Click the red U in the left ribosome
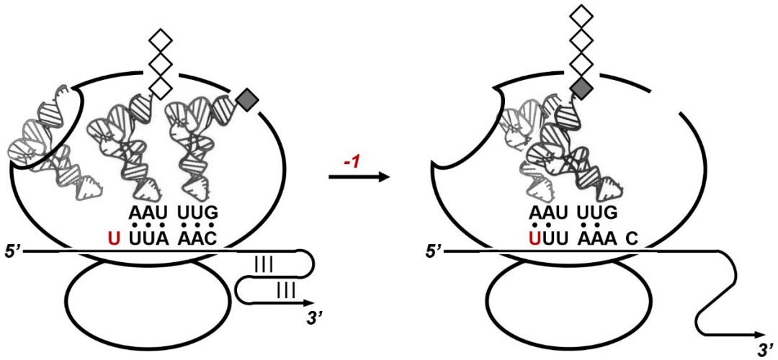(x=114, y=240)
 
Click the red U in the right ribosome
(x=535, y=240)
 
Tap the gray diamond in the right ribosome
(x=582, y=89)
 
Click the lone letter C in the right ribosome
(x=632, y=240)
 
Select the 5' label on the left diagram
(x=10, y=251)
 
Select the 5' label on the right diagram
(x=432, y=251)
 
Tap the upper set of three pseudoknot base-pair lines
(x=263, y=265)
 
